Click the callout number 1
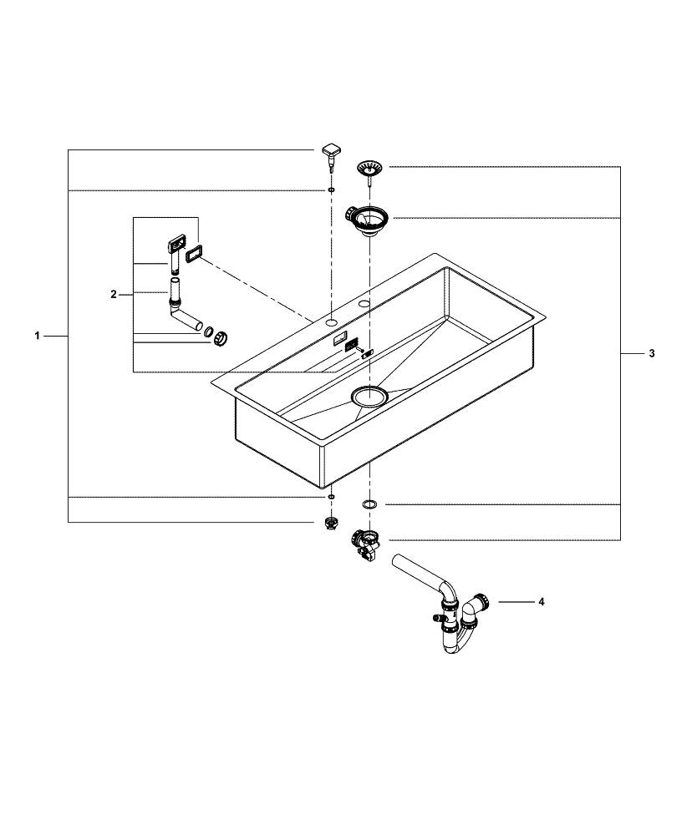37,336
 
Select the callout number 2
114,294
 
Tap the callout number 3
652,354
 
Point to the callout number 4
542,601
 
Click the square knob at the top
332,152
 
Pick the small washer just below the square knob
332,191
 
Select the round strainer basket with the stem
368,169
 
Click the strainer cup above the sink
368,220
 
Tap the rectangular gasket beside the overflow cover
195,253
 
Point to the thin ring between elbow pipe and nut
207,332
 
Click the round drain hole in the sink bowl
369,397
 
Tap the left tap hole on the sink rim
332,320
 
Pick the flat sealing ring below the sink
369,504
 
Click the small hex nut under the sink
332,524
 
